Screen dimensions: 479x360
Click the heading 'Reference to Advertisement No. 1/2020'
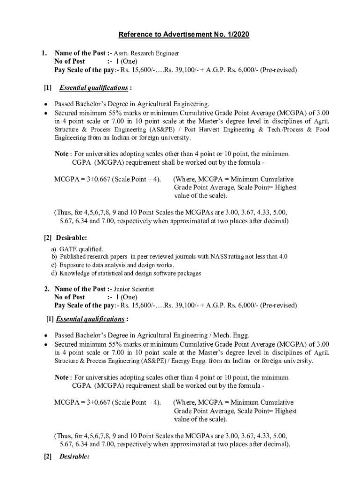[x=184, y=35]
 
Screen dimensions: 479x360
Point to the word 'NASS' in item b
[x=219, y=257]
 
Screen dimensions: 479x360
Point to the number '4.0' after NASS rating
[x=283, y=257]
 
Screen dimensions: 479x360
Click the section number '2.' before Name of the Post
[x=47, y=289]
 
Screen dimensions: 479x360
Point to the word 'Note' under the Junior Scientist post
[x=61, y=377]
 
